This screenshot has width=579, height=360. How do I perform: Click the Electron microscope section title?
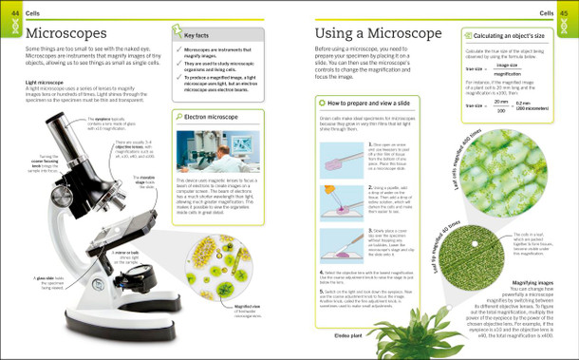tap(212, 117)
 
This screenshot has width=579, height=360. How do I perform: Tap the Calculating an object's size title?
tap(514, 33)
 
